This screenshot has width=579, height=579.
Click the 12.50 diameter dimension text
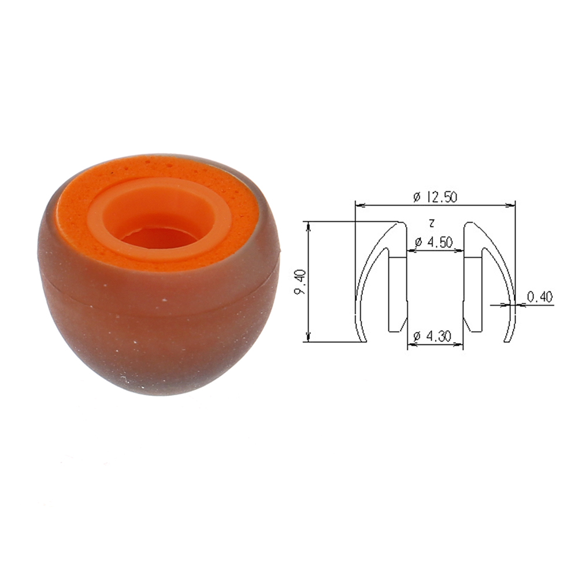436,197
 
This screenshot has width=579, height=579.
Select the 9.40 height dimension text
300,282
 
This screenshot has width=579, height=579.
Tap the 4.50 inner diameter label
434,242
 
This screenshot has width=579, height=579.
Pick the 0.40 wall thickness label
540,297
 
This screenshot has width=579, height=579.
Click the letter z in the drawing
432,223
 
